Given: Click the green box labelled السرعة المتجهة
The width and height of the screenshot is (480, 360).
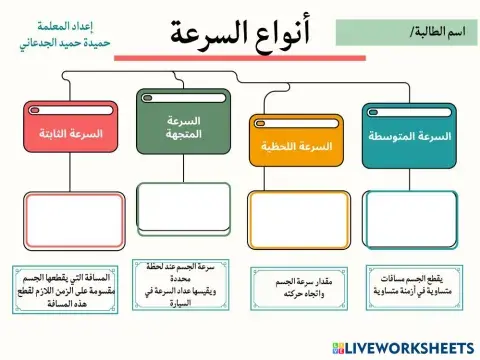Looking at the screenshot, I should click(183, 127).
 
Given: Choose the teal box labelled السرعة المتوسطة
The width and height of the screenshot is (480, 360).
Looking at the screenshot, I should click(407, 137).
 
